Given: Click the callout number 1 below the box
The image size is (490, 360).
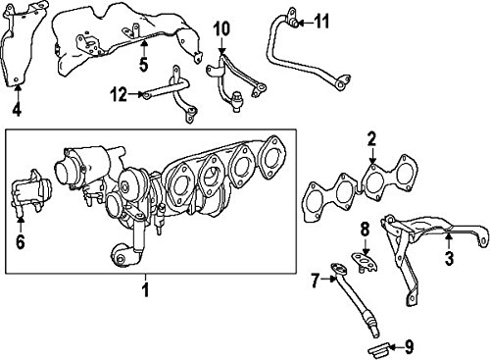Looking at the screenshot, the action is [146, 289].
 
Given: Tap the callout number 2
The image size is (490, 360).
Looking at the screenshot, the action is [371, 140].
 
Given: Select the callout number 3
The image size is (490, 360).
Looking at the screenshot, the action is [449, 257].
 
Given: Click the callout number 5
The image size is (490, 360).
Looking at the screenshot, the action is [144, 64].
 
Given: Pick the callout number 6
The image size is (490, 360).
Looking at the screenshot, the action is [21, 242].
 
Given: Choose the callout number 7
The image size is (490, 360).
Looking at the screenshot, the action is [315, 281].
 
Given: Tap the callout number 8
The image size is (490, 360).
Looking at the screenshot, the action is [365, 230].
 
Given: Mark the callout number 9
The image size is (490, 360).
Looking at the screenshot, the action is [409, 347].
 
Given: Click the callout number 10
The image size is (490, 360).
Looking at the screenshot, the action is [221, 28].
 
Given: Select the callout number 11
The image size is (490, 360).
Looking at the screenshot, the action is [321, 22].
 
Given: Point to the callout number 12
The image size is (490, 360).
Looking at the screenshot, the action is [119, 95].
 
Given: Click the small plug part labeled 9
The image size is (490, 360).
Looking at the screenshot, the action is [379, 349].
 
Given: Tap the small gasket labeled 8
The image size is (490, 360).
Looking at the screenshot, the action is [366, 263].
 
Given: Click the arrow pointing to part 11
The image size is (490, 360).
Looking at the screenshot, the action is [305, 23].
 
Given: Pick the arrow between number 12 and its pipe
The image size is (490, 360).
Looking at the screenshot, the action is [135, 94].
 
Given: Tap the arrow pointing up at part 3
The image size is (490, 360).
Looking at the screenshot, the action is [449, 240].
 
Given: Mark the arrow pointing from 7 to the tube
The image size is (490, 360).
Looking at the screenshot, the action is [328, 279].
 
